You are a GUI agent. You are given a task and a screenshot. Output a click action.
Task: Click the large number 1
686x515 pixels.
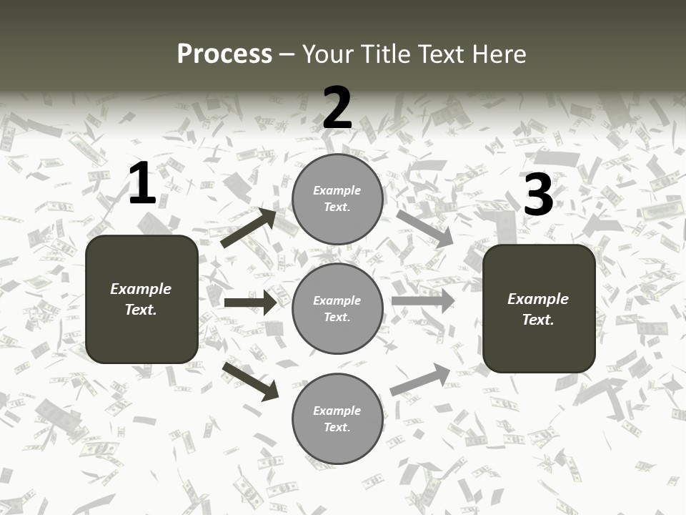pyautogui.click(x=142, y=184)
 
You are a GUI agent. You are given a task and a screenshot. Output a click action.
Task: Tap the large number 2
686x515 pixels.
pyautogui.click(x=337, y=107)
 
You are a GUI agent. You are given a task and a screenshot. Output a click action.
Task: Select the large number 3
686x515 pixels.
pyautogui.click(x=538, y=195)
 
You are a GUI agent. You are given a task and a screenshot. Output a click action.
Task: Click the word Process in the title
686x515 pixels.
pyautogui.click(x=224, y=54)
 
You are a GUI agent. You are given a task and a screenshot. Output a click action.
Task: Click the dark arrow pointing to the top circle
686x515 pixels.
pyautogui.click(x=249, y=228)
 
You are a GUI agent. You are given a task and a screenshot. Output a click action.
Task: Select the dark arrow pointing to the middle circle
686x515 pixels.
pyautogui.click(x=250, y=303)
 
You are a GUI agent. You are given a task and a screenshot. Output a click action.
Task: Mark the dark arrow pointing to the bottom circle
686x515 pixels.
pyautogui.click(x=250, y=381)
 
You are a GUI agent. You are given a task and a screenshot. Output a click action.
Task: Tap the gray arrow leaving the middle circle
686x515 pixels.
pyautogui.click(x=422, y=301)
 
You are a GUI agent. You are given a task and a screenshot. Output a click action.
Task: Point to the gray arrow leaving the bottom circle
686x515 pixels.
pyautogui.click(x=420, y=380)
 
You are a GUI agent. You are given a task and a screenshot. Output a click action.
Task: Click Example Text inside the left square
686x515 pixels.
pyautogui.click(x=141, y=299)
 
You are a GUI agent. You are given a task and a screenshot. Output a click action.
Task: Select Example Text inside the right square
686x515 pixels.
pyautogui.click(x=538, y=309)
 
